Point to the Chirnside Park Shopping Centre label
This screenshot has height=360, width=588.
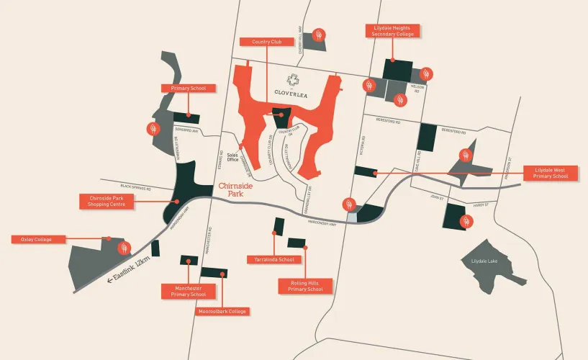point(107,201)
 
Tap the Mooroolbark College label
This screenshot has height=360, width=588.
point(222,312)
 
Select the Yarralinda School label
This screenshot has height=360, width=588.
point(270,259)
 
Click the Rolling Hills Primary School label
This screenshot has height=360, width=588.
point(306,285)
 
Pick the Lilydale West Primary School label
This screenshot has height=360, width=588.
point(551,174)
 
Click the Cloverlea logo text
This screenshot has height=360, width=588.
point(291,91)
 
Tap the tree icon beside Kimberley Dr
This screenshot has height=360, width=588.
point(153,129)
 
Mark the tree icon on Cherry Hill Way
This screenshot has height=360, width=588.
point(319,34)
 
